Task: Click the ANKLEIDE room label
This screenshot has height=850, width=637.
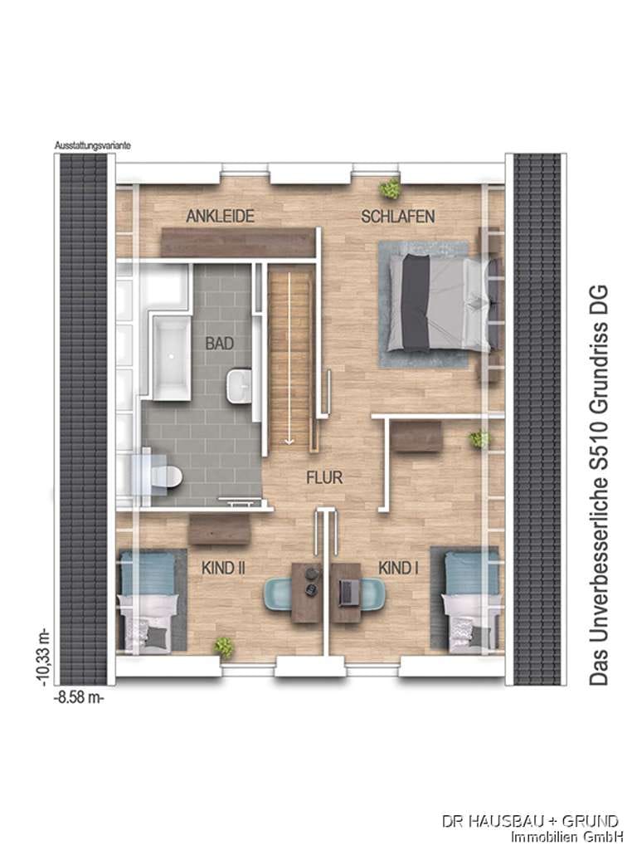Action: [x=220, y=217]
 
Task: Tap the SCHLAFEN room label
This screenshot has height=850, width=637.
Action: [x=397, y=217]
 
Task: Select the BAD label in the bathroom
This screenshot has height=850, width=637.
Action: [x=219, y=343]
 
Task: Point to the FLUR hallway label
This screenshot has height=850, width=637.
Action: [x=324, y=477]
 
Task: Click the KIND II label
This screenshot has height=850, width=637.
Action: [x=223, y=568]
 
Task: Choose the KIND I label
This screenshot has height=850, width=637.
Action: [x=398, y=568]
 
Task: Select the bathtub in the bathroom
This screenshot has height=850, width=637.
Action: [x=172, y=357]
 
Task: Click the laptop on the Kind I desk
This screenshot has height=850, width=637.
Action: [x=347, y=593]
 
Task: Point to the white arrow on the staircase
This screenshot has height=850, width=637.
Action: [x=289, y=359]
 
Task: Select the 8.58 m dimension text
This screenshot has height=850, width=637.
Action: [x=79, y=697]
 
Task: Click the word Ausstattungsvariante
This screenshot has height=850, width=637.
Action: [x=93, y=146]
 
